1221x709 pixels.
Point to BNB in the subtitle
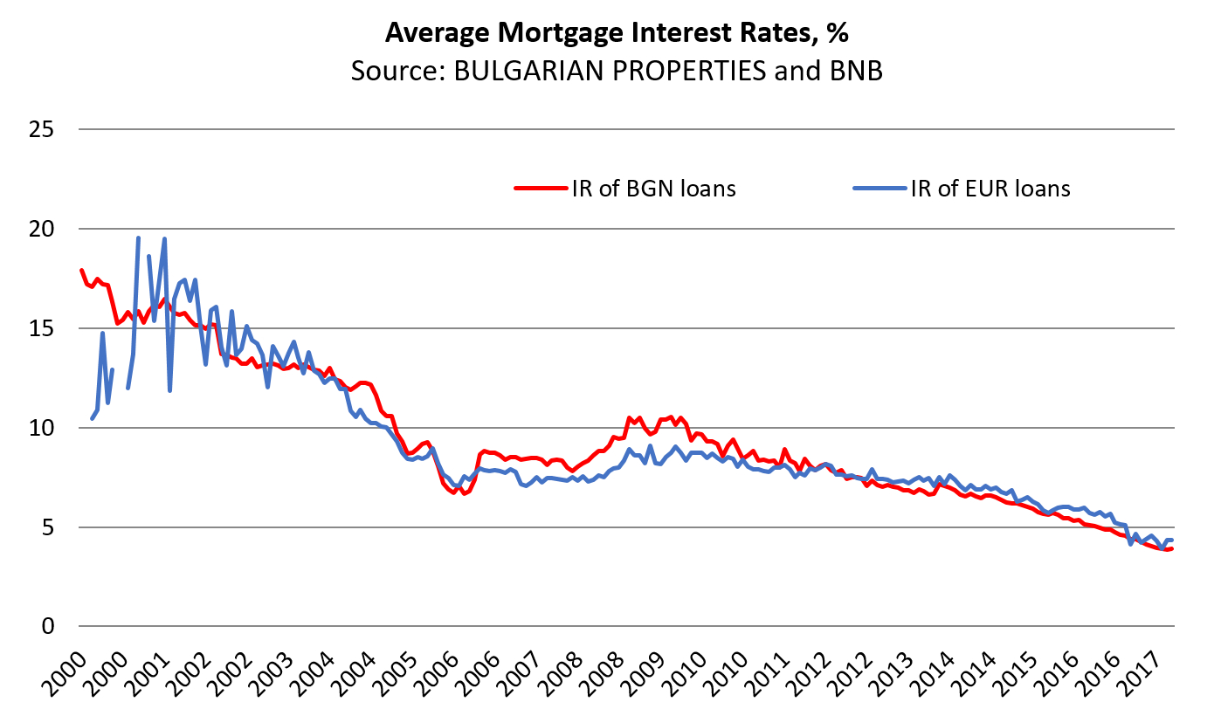tap(855, 71)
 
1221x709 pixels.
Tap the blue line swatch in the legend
tap(873, 188)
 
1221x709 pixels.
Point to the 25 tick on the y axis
tap(42, 129)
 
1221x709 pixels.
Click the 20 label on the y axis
tap(42, 229)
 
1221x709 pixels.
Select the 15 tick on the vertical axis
tap(42, 328)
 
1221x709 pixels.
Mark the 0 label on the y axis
tap(48, 627)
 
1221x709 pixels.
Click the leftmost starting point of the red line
tap(81, 271)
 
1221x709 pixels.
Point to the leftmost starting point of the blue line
tap(92, 418)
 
